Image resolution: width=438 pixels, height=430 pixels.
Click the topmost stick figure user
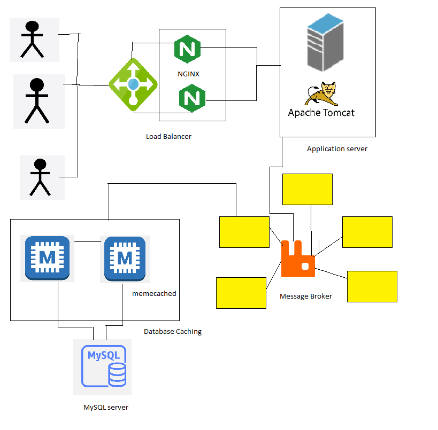tap(32, 39)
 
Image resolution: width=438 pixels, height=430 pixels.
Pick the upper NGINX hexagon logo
tap(187, 50)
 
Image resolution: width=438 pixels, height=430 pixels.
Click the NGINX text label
tap(188, 74)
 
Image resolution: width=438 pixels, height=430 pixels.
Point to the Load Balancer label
tap(168, 137)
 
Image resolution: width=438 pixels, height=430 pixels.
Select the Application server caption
tap(337, 149)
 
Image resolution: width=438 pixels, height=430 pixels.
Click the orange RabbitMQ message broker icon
tap(298, 259)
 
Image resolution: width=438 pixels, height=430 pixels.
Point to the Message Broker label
tap(306, 296)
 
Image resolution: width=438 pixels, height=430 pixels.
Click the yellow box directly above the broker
tap(307, 189)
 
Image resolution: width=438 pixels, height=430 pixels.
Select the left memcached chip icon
tap(47, 258)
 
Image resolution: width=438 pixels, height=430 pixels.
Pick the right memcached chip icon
tap(125, 259)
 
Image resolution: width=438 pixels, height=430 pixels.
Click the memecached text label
tap(154, 294)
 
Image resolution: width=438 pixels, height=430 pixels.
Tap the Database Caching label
tap(173, 332)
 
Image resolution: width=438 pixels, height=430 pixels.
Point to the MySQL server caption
tap(106, 408)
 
